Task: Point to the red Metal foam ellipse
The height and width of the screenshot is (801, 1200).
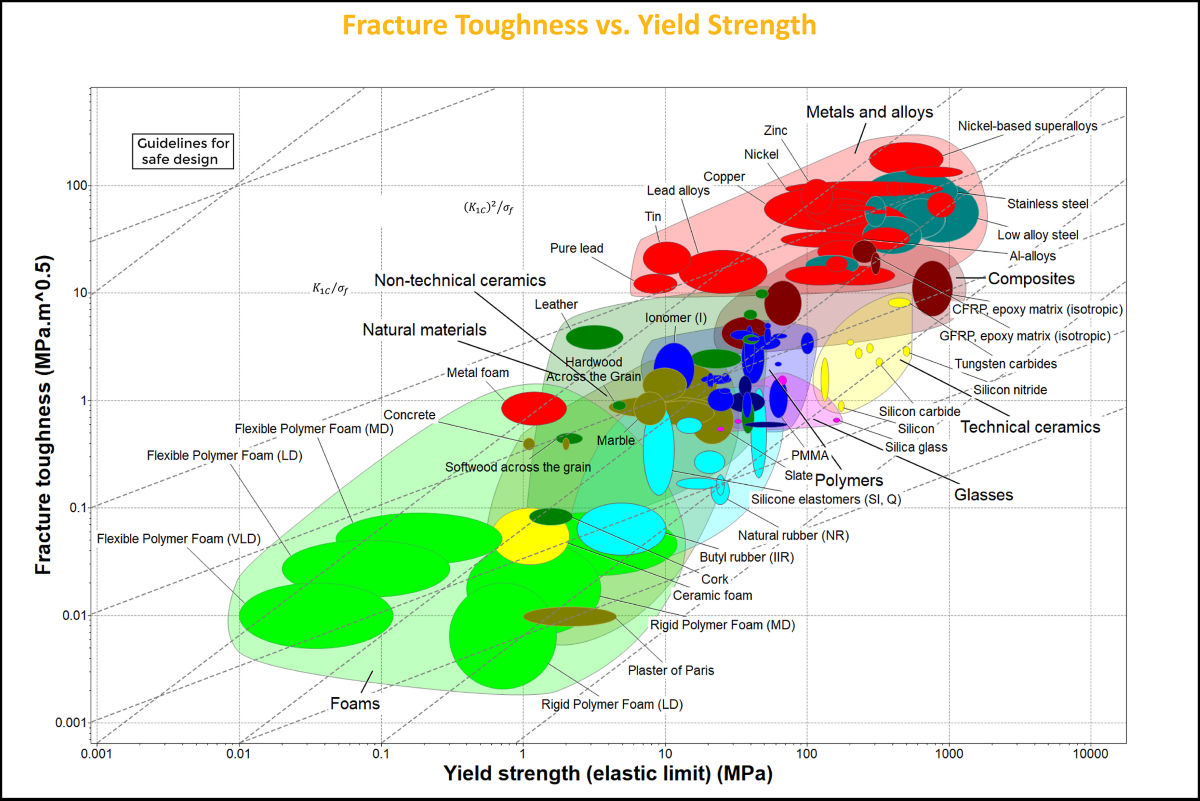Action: [x=535, y=407]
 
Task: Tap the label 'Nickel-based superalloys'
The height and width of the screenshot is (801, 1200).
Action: [x=1027, y=126]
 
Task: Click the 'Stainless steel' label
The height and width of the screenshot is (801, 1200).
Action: [x=1047, y=204]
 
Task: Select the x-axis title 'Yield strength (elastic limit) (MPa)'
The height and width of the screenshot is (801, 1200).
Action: [x=610, y=775]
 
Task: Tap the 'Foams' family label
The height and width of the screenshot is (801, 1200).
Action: [x=355, y=703]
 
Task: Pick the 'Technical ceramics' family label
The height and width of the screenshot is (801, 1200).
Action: [x=1030, y=427]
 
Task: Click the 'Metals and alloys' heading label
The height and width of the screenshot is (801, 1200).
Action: [x=869, y=112]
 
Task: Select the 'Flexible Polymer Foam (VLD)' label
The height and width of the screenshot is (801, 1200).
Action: [x=178, y=539]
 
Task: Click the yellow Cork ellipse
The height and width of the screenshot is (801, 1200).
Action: [x=530, y=537]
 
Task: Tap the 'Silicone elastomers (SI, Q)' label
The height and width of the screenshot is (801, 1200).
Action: [x=826, y=499]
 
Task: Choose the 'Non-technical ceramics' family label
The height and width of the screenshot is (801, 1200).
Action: [x=460, y=281]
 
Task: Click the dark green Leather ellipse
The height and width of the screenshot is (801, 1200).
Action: [x=595, y=337]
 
